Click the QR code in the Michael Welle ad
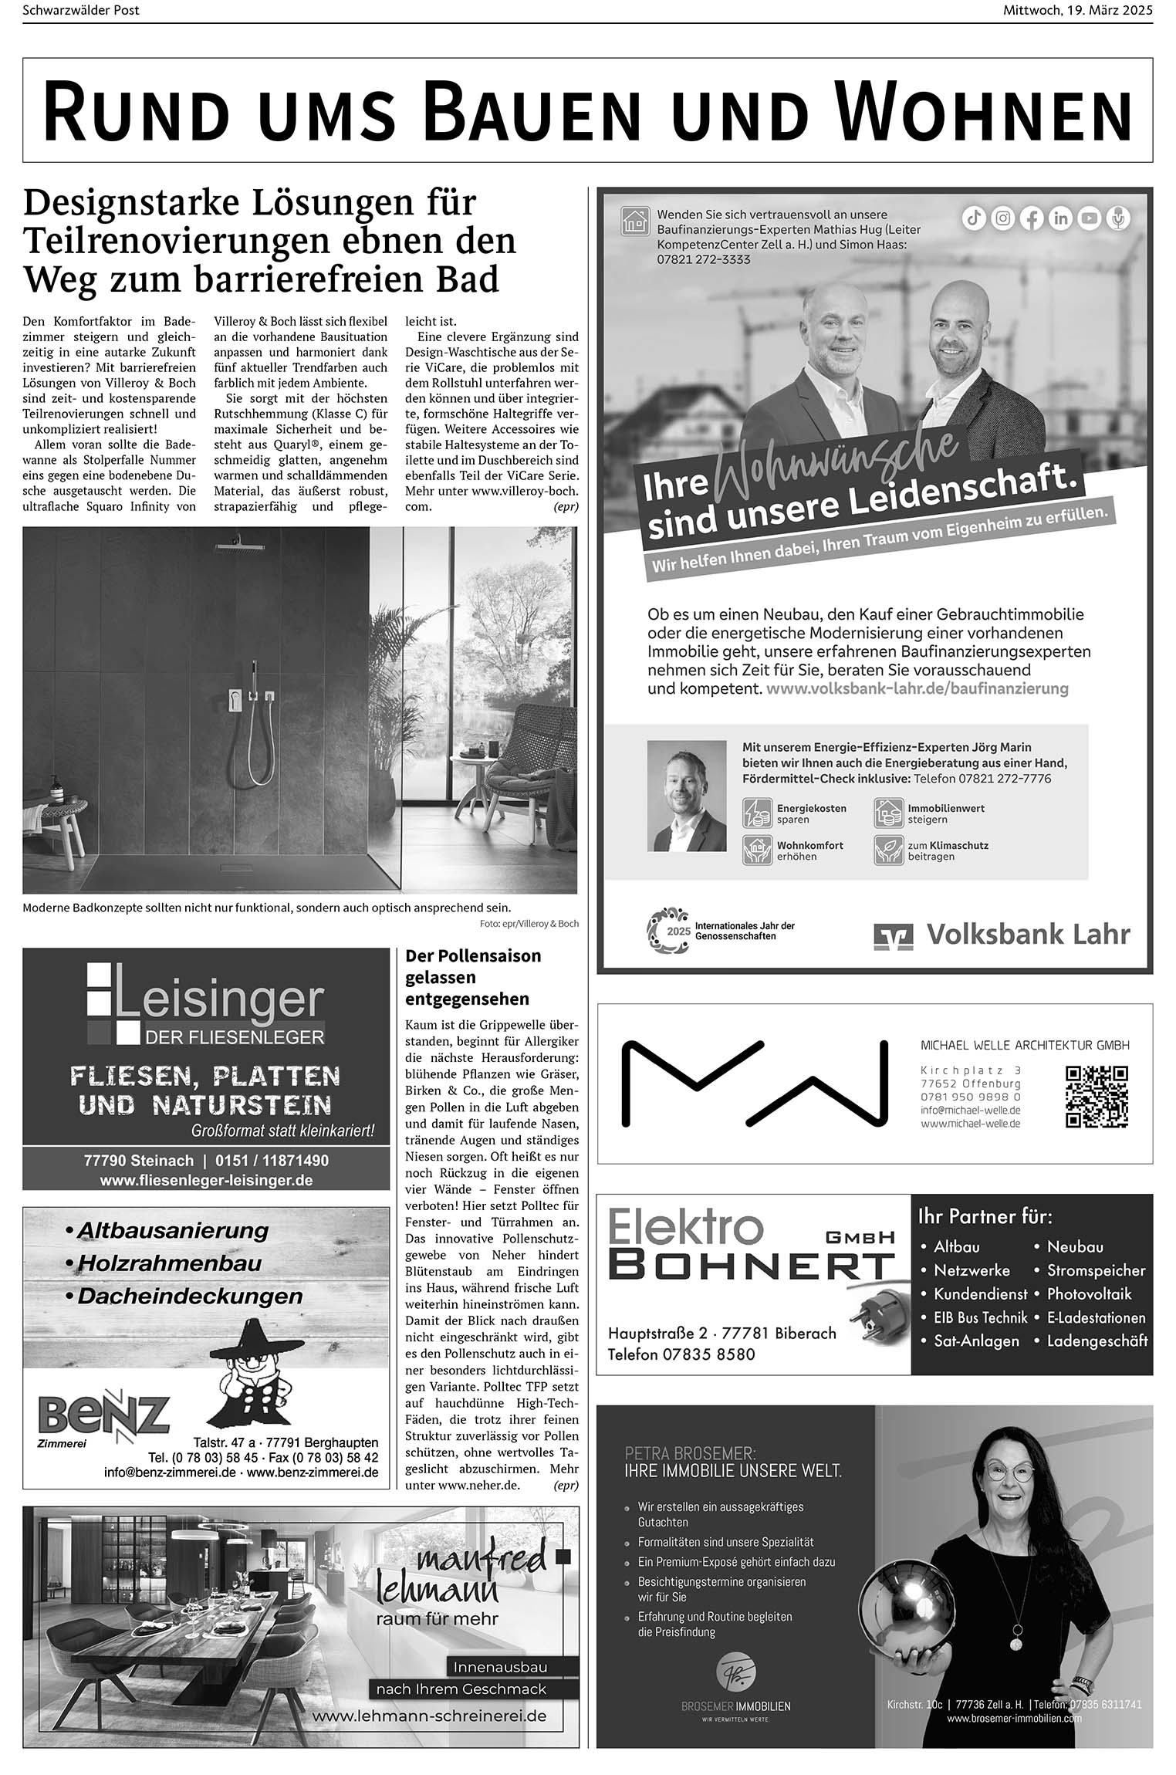pyautogui.click(x=1097, y=1097)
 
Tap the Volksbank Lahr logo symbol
pyautogui.click(x=893, y=935)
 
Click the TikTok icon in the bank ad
pyautogui.click(x=974, y=218)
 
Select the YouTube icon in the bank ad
pyautogui.click(x=1089, y=218)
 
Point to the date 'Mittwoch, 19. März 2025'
pyautogui.click(x=1077, y=10)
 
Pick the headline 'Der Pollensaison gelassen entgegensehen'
pyautogui.click(x=472, y=977)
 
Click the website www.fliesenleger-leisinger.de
pyautogui.click(x=206, y=1180)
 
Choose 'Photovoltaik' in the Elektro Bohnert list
pyautogui.click(x=1089, y=1293)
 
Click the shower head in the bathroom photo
pyautogui.click(x=238, y=546)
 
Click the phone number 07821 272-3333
pyautogui.click(x=703, y=259)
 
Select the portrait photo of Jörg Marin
pyautogui.click(x=686, y=796)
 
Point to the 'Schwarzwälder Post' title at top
pyautogui.click(x=81, y=10)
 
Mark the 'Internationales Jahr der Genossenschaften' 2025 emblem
pyautogui.click(x=667, y=930)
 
